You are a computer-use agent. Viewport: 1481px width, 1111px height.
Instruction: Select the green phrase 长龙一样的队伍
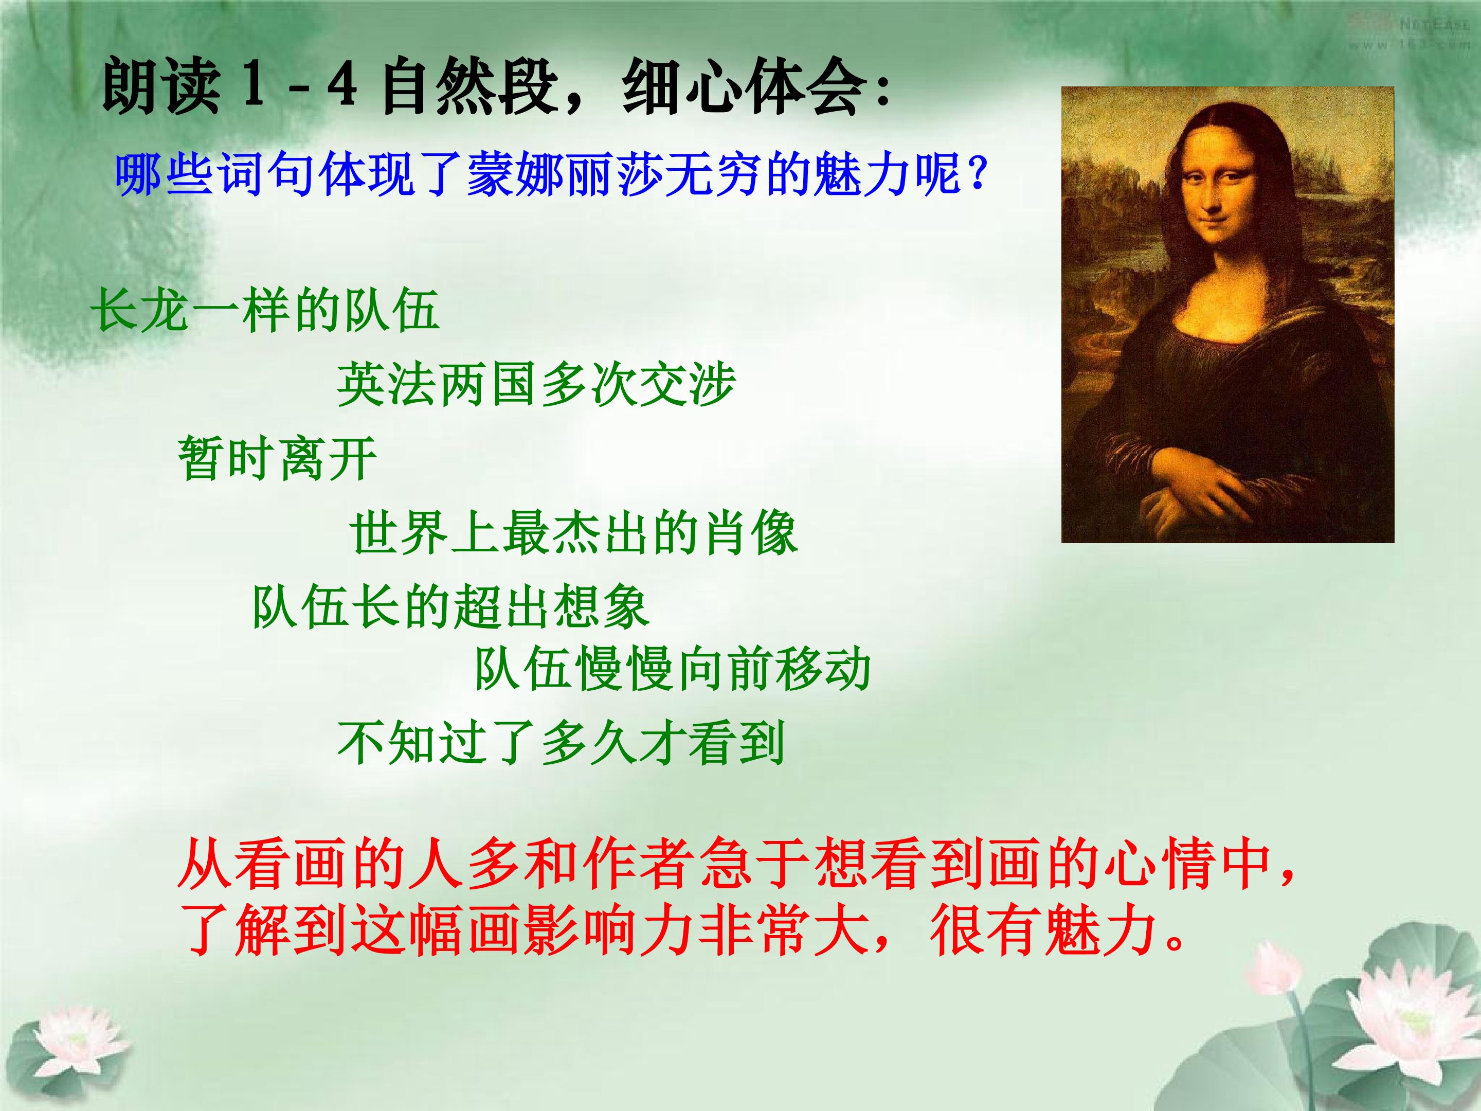[x=266, y=310]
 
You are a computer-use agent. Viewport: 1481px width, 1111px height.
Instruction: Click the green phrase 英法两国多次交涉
[x=536, y=384]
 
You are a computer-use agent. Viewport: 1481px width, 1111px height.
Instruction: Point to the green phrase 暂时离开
[x=277, y=458]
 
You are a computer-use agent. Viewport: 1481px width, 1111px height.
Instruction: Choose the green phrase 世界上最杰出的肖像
[x=574, y=533]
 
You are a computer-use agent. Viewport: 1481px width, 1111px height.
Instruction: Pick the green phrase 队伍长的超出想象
[x=450, y=607]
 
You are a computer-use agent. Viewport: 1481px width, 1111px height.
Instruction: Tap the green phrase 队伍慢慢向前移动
[x=672, y=669]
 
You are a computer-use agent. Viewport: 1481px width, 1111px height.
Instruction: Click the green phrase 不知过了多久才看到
[x=561, y=743]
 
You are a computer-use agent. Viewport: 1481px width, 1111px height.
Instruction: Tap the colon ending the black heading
[x=882, y=91]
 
